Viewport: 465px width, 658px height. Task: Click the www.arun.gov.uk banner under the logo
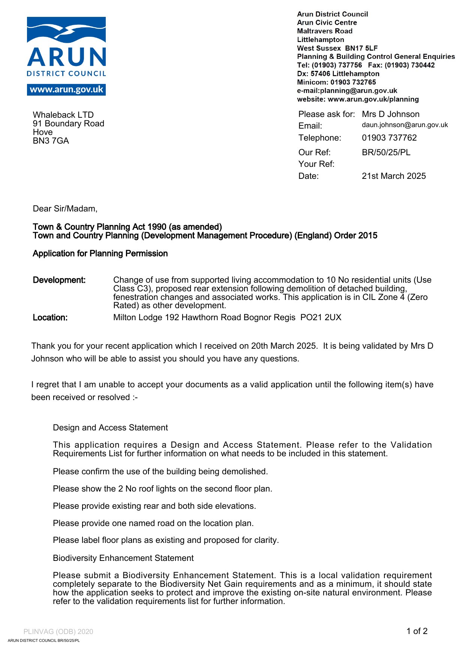click(66, 90)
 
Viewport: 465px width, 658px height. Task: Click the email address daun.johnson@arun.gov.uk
click(405, 125)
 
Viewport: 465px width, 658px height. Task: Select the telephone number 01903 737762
click(389, 138)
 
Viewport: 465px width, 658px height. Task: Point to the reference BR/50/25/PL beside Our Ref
click(386, 153)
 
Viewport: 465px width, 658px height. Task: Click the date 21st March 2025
click(393, 176)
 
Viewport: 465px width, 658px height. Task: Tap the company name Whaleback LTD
click(63, 115)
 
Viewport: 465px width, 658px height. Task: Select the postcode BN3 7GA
click(51, 141)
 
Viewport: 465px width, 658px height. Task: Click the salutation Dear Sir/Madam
click(65, 209)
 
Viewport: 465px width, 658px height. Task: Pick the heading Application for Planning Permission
click(100, 254)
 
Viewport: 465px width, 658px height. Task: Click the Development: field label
click(59, 280)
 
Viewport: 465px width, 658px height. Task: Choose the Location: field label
click(50, 318)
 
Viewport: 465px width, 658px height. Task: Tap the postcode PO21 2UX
click(321, 318)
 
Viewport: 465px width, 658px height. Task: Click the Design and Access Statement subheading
click(110, 428)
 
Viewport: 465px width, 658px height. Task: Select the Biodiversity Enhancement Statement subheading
click(123, 558)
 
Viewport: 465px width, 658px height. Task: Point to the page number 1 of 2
click(417, 631)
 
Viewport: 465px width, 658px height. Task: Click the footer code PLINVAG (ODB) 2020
click(58, 632)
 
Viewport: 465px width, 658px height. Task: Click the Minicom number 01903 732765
click(353, 82)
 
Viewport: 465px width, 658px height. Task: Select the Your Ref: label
click(316, 164)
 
